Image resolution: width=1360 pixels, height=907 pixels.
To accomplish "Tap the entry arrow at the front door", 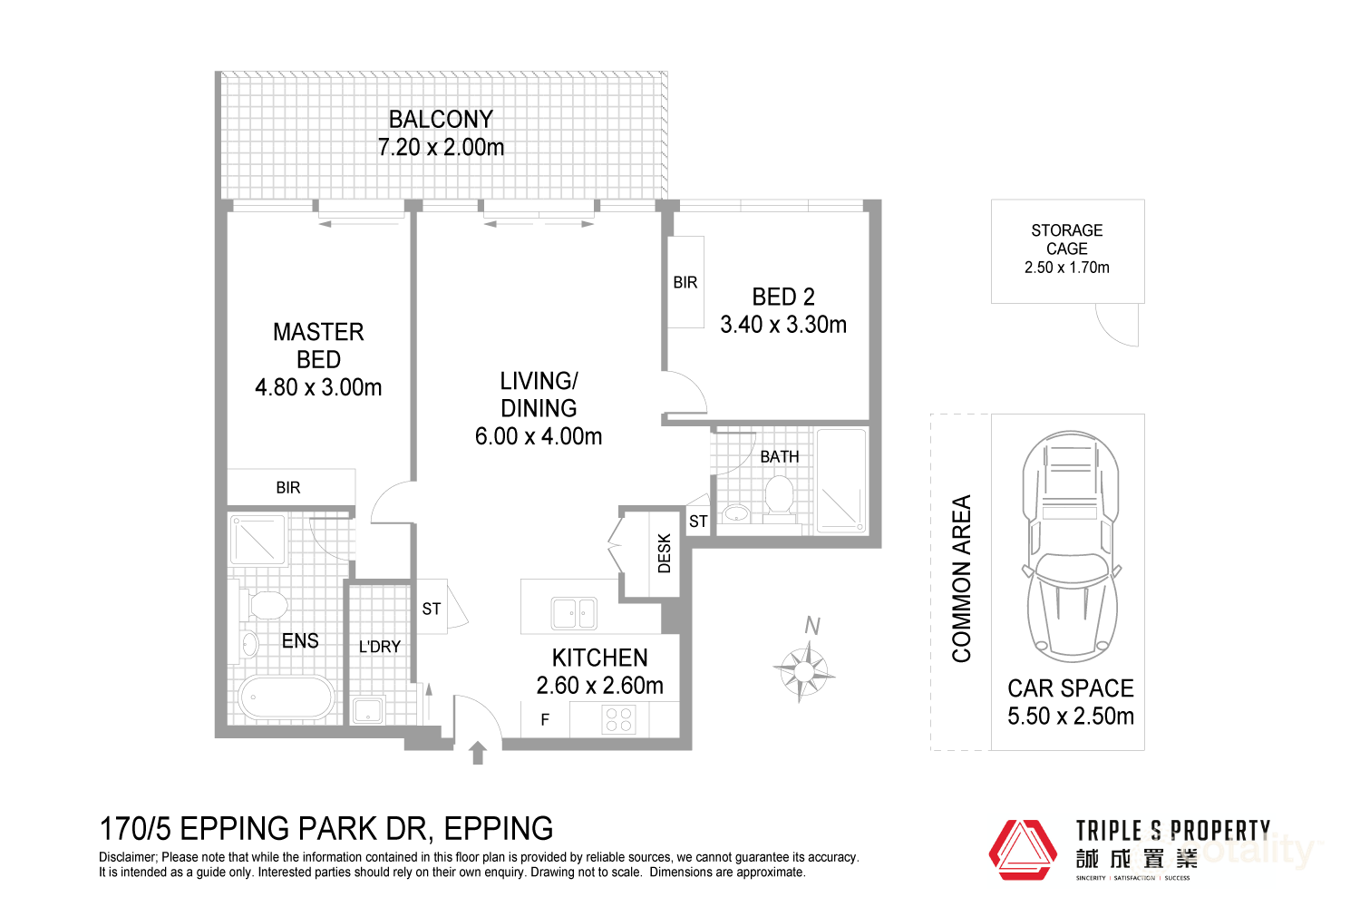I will (x=478, y=753).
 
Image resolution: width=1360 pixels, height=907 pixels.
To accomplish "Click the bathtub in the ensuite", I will (x=286, y=699).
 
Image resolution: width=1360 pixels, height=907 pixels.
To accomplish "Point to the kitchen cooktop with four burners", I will (x=619, y=720).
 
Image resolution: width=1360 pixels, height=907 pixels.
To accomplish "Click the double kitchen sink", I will (x=574, y=614).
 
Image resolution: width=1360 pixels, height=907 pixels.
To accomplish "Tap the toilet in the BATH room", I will (x=779, y=497).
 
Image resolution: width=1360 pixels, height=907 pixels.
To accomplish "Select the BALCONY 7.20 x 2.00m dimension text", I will (x=441, y=147).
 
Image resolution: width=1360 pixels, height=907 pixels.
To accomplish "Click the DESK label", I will (x=665, y=553).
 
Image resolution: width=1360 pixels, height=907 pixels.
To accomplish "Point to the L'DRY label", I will (x=379, y=647).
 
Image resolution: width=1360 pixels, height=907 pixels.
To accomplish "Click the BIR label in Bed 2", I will (x=685, y=283).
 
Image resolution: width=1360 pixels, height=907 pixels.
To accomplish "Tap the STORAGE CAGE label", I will (x=1067, y=239).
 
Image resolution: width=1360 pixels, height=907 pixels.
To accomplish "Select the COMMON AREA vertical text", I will (x=961, y=579).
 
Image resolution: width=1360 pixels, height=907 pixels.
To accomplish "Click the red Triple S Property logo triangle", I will (x=1022, y=850).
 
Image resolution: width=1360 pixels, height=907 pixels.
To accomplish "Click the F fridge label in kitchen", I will (x=545, y=720).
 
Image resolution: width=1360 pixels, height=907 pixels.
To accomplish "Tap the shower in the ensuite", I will (x=258, y=541).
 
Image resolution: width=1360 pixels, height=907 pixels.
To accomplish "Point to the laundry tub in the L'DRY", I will (x=368, y=709).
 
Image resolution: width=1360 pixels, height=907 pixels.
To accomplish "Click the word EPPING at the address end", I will (x=499, y=829).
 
